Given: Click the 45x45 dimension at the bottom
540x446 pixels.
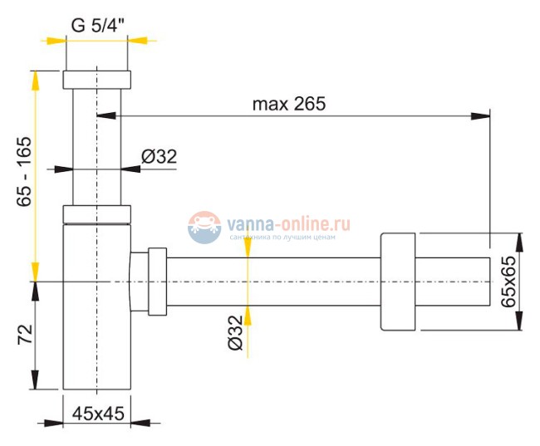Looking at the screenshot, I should (x=98, y=413).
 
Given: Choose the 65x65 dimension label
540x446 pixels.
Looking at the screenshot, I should (x=508, y=282).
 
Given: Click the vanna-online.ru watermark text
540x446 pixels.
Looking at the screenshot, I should (x=286, y=224).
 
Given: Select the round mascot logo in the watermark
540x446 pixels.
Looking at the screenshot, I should (x=204, y=226).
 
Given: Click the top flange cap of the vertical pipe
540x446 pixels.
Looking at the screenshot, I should (x=97, y=81).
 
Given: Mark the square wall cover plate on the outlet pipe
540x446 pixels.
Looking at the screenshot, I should (x=397, y=282).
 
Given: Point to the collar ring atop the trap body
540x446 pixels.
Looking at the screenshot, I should (x=97, y=214).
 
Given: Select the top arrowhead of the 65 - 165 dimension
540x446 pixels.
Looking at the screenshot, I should (x=36, y=77).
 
